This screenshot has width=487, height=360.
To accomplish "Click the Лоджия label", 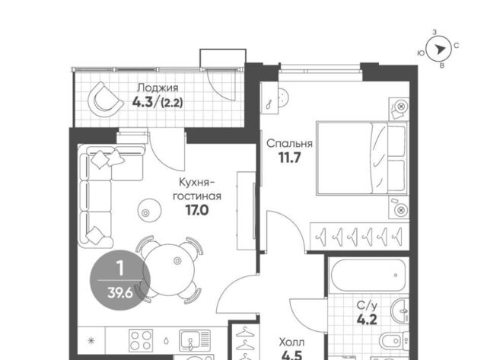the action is click(x=158, y=88).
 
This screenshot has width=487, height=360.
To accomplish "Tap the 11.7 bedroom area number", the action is click(x=289, y=158).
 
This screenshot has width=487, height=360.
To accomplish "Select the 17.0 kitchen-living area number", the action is click(x=197, y=210).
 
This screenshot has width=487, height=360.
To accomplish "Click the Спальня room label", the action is click(x=289, y=144).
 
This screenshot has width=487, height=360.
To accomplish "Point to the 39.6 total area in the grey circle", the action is click(x=120, y=292).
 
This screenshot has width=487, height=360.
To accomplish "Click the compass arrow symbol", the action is click(x=439, y=49).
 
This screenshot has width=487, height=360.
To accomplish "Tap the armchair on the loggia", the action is click(x=105, y=100).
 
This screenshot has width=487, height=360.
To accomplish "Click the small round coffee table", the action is click(x=150, y=210).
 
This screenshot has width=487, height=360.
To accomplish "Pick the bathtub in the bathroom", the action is click(x=368, y=276).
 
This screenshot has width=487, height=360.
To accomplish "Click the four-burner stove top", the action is click(x=142, y=341).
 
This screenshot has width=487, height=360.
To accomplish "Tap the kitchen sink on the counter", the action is click(x=195, y=341).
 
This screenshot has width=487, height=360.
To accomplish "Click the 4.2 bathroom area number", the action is click(x=367, y=320).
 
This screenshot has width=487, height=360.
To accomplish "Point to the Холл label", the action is click(x=291, y=342).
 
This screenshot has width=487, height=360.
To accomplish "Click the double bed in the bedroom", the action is click(x=361, y=158).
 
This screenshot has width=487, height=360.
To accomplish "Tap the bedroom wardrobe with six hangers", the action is click(x=359, y=237).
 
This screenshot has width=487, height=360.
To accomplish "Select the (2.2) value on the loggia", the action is click(x=172, y=102).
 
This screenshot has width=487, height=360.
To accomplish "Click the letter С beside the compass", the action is click(x=456, y=46).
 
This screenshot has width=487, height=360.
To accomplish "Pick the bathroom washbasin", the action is click(x=401, y=311).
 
